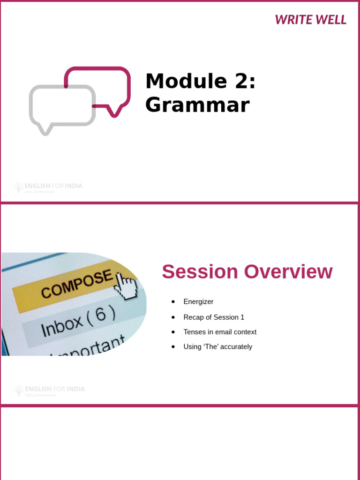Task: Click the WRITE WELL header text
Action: point(310,20)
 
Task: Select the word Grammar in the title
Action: point(197,105)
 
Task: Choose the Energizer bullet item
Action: point(198,301)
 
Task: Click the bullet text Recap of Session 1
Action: point(214,317)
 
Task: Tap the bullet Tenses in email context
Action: point(220,332)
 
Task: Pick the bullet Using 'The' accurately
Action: point(217,347)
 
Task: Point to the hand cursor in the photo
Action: point(126,286)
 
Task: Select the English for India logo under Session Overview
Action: point(49,390)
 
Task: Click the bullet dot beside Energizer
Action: point(173,301)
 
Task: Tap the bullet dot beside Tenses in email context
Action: point(173,332)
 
